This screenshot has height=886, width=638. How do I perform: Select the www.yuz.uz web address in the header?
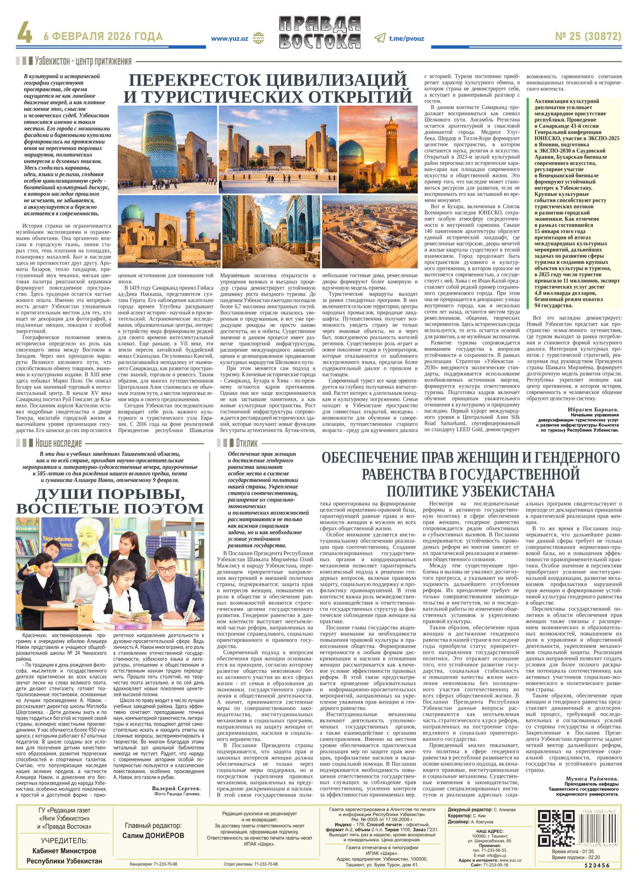(230, 38)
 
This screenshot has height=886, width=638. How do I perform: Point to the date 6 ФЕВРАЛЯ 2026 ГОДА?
(103, 37)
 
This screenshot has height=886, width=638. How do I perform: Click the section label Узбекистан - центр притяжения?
(84, 61)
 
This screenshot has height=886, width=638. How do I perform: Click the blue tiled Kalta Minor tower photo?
(168, 149)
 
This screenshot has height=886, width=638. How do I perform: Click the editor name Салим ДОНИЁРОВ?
(153, 835)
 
